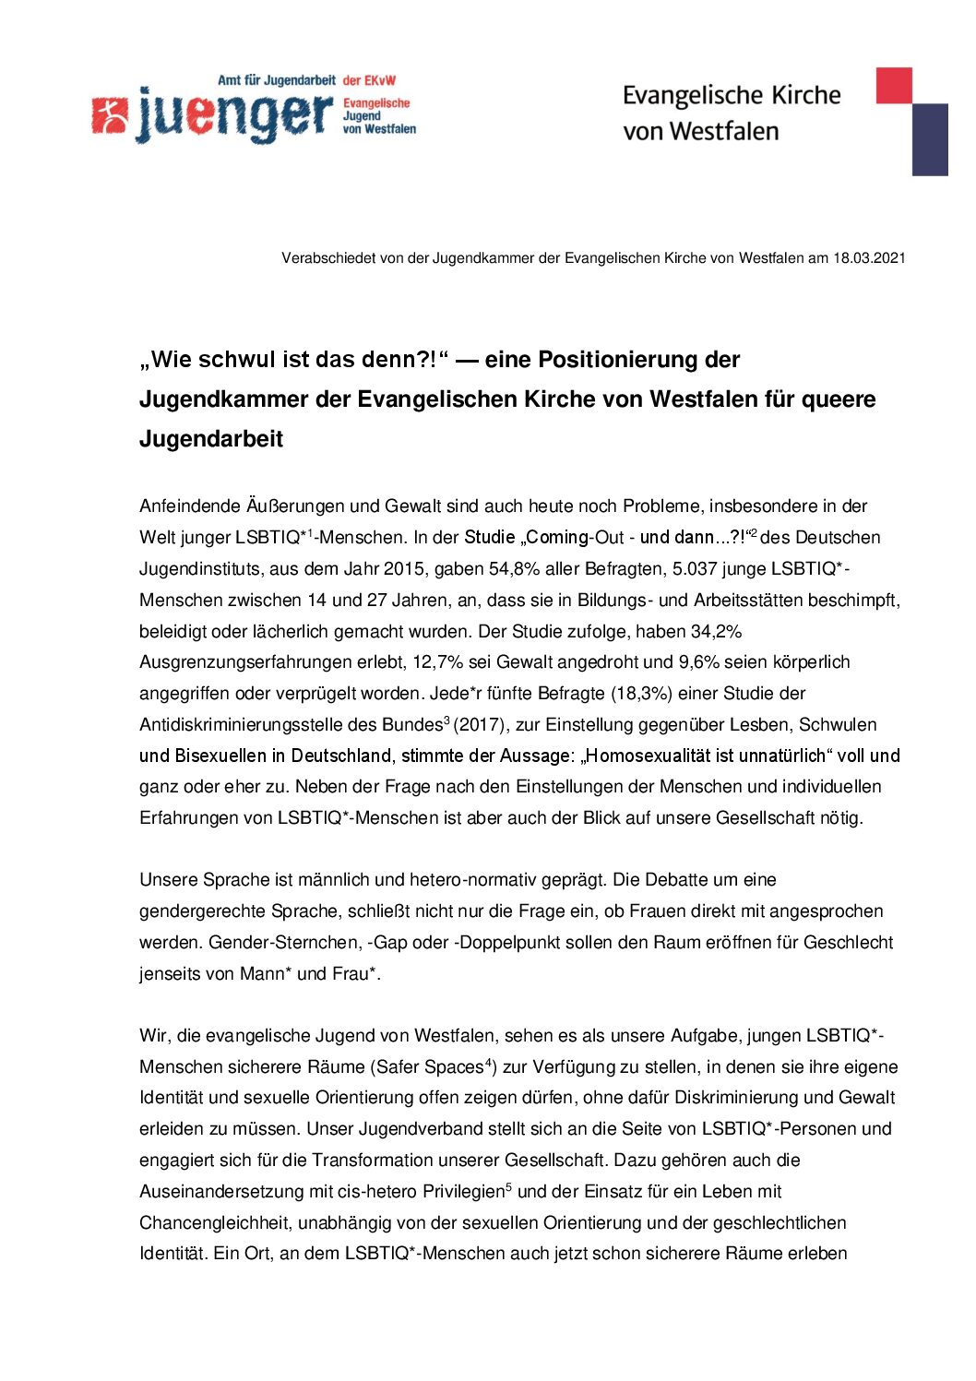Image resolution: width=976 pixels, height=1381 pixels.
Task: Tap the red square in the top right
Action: point(893,85)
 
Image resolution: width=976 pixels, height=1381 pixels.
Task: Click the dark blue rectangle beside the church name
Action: point(930,139)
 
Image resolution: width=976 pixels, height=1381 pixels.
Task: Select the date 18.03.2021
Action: point(869,258)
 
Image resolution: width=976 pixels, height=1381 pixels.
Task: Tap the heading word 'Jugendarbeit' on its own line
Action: point(211,438)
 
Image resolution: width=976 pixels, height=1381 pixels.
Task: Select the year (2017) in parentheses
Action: point(479,725)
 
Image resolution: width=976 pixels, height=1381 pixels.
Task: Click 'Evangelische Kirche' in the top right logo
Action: point(732,96)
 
